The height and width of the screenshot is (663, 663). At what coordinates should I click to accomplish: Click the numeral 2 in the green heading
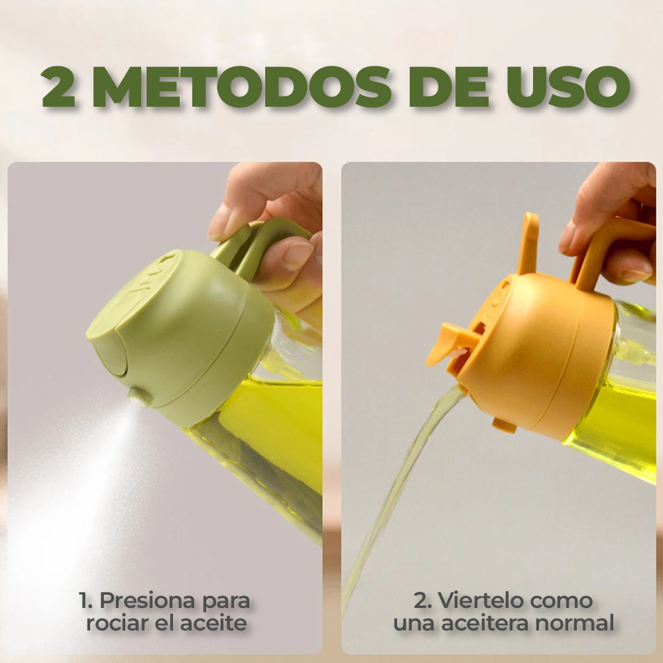point(58,86)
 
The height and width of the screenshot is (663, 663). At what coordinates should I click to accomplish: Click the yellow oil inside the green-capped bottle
point(278,424)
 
